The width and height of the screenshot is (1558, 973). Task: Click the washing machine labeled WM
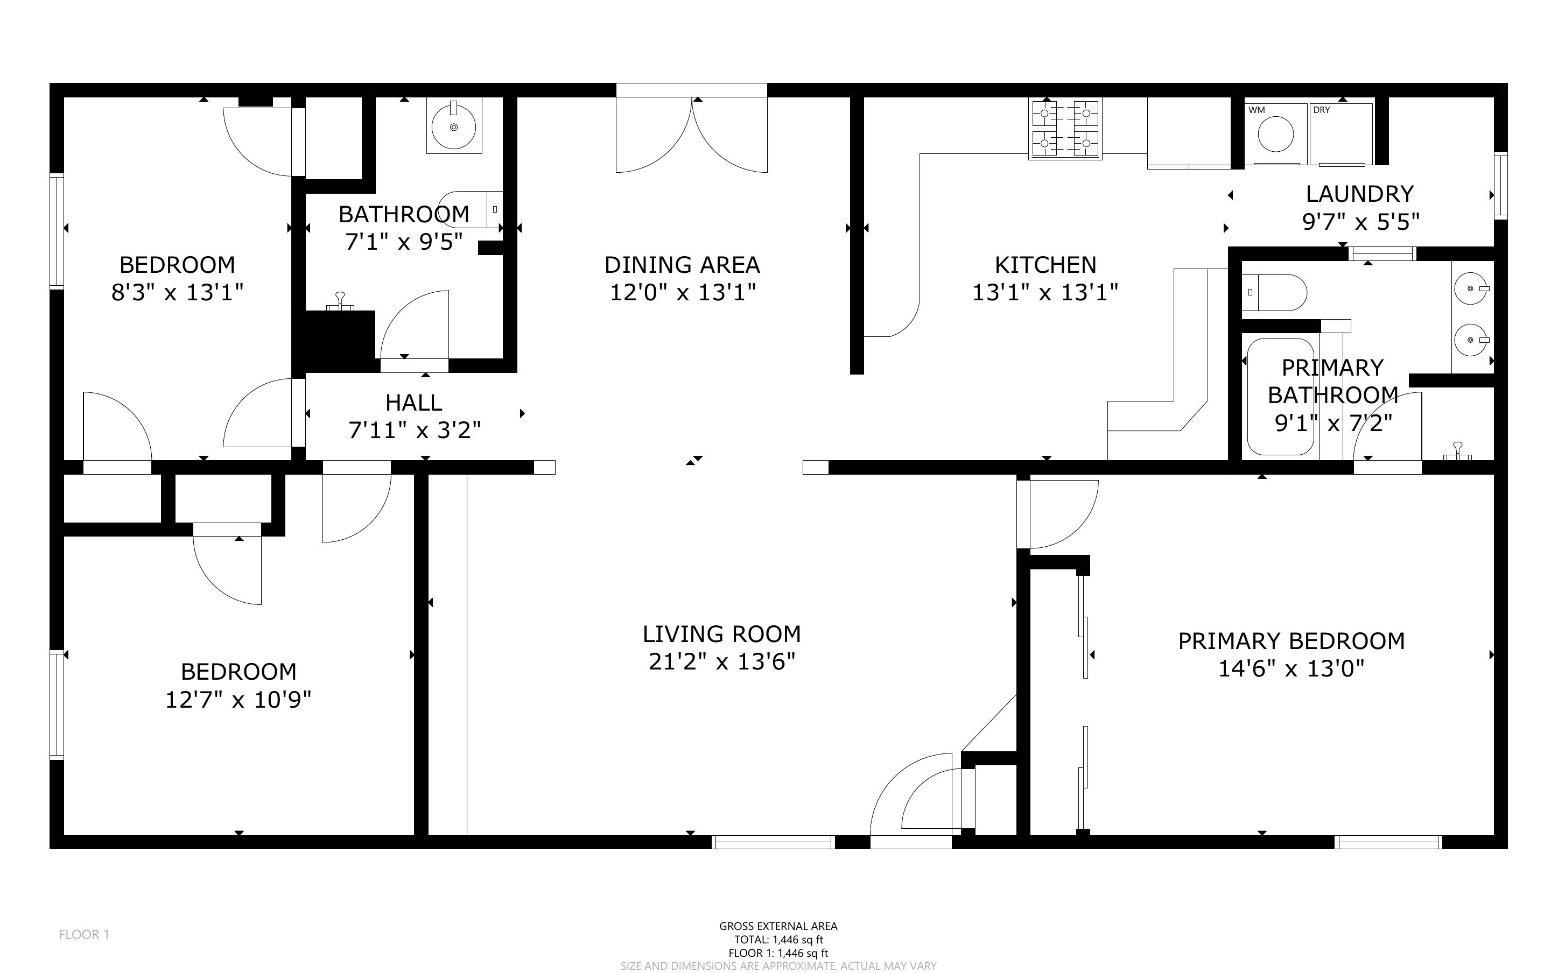tap(1275, 134)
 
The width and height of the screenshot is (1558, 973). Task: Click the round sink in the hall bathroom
tap(454, 127)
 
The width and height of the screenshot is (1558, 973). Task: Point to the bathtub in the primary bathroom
tap(1280, 397)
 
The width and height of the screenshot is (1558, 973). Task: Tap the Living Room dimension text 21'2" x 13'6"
tap(722, 661)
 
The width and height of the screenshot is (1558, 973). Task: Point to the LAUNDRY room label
tap(1360, 194)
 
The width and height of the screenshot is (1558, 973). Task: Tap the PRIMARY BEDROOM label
tap(1292, 641)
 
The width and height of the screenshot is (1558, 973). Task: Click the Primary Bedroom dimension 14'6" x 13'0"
tap(1292, 669)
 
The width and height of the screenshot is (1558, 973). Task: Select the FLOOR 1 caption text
tap(85, 934)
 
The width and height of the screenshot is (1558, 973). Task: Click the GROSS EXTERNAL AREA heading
tap(778, 926)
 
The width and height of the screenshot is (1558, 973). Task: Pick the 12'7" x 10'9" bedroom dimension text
tap(238, 700)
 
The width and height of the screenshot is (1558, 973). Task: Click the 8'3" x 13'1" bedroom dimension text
tap(178, 293)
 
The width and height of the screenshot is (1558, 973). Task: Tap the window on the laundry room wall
tap(1501, 185)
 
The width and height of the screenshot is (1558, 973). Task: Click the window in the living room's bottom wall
tap(774, 842)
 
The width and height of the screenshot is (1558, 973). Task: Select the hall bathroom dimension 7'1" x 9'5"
tap(404, 242)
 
